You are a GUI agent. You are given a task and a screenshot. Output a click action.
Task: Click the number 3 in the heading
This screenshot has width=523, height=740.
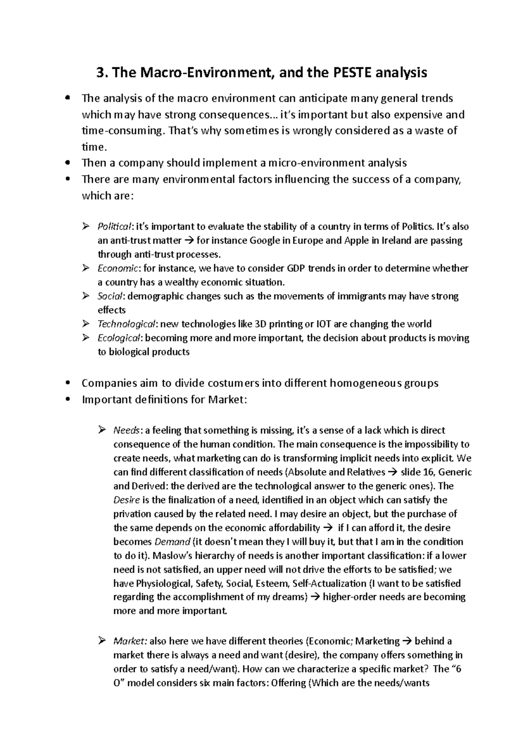point(100,73)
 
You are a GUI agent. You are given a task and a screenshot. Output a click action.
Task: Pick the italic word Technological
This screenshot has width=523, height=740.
point(126,324)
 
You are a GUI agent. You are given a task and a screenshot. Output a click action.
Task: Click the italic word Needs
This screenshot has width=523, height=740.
point(126,431)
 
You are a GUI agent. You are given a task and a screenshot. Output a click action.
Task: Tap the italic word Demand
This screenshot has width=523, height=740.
point(173,542)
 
